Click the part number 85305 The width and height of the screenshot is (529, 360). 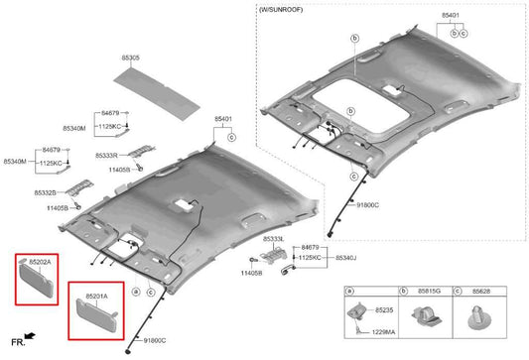(128, 59)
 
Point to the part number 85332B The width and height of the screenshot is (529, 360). (47, 192)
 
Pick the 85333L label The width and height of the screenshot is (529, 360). (274, 240)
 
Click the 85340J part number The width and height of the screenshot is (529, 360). (346, 257)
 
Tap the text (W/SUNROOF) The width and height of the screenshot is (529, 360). (280, 9)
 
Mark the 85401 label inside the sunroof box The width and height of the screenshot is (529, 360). (451, 16)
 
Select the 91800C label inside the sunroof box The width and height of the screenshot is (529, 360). (367, 205)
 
